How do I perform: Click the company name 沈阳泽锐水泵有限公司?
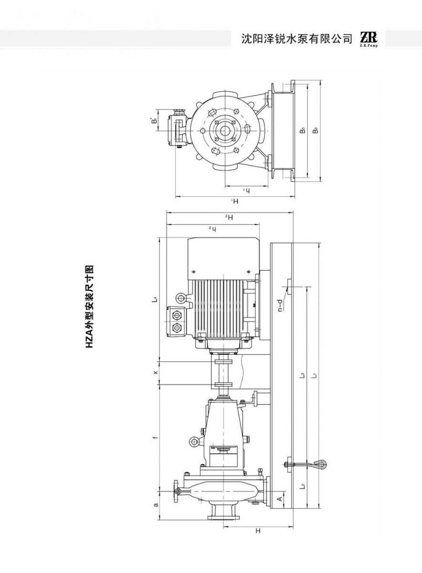[297, 39]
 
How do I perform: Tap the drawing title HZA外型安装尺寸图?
[90, 307]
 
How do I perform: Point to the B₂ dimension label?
[316, 130]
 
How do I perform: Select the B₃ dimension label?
[303, 130]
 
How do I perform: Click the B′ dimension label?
[154, 120]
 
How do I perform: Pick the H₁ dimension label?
[235, 202]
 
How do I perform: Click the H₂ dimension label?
[230, 217]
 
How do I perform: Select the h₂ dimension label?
[213, 228]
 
